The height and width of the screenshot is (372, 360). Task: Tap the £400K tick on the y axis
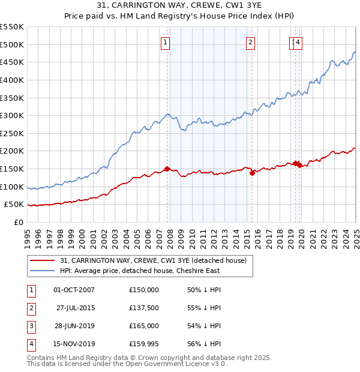tap(12, 80)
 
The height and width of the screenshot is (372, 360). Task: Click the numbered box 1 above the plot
tap(165, 42)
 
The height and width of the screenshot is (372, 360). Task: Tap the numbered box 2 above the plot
tap(250, 42)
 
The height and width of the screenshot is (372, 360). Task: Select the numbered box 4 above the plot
tap(298, 42)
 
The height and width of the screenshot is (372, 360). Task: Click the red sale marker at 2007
tap(167, 169)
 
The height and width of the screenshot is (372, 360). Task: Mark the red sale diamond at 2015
tap(252, 173)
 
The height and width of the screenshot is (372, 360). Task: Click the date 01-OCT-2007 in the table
tap(74, 290)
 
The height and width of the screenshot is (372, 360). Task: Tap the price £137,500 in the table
tap(144, 308)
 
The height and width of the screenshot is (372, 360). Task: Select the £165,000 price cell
tap(144, 326)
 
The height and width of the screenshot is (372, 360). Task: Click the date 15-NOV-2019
tap(74, 344)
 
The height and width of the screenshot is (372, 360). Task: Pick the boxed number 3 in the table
tap(30, 326)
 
